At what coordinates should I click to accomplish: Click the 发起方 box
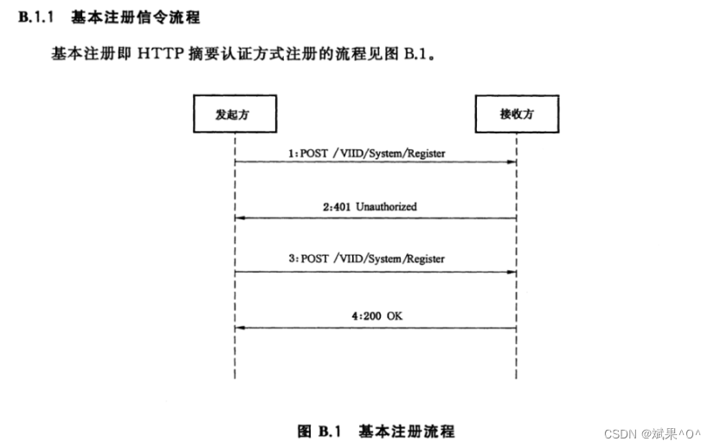pyautogui.click(x=234, y=114)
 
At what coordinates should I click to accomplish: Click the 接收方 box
pyautogui.click(x=517, y=114)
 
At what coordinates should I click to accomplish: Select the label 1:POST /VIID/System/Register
pyautogui.click(x=367, y=153)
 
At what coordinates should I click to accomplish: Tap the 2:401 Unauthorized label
pyautogui.click(x=370, y=207)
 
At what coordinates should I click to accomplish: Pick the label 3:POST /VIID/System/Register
pyautogui.click(x=367, y=259)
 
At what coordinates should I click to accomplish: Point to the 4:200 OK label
pyautogui.click(x=376, y=316)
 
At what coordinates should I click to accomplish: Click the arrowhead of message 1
pyautogui.click(x=513, y=162)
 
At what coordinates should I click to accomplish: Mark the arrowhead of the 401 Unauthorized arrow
pyautogui.click(x=240, y=218)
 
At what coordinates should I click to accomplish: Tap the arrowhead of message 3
pyautogui.click(x=513, y=272)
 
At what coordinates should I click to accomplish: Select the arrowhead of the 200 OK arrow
pyautogui.click(x=240, y=328)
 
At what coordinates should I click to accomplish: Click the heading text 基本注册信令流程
pyautogui.click(x=135, y=17)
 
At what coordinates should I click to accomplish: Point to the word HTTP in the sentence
pyautogui.click(x=156, y=54)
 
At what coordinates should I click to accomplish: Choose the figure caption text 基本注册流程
pyautogui.click(x=406, y=431)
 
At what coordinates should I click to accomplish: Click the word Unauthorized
pyautogui.click(x=386, y=207)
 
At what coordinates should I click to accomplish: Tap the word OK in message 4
pyautogui.click(x=394, y=316)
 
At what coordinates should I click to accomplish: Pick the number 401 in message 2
pyautogui.click(x=343, y=207)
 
